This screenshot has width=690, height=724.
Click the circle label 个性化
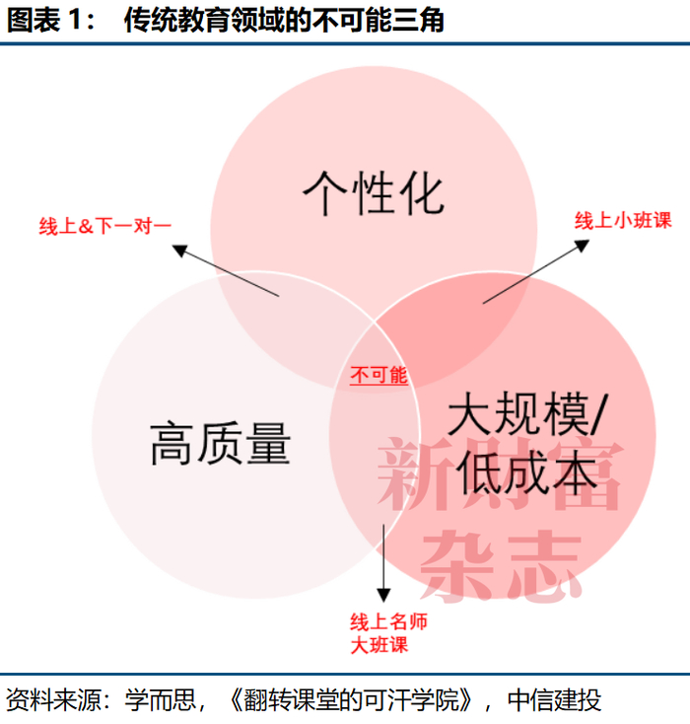(x=373, y=192)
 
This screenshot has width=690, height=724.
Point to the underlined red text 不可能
(x=379, y=375)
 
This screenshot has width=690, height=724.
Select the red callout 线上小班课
(x=623, y=220)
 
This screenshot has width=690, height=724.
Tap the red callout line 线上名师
(x=389, y=622)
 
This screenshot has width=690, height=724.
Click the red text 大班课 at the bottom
(x=379, y=645)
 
